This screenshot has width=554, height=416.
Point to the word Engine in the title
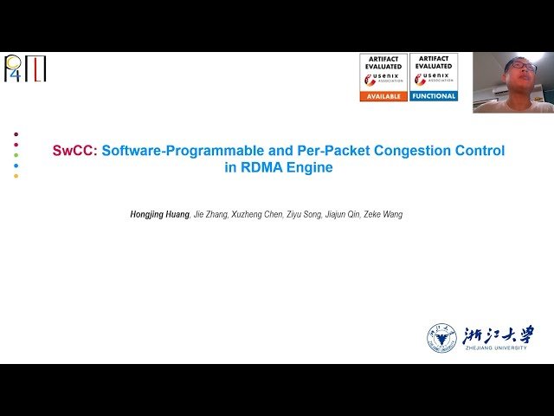[310, 168]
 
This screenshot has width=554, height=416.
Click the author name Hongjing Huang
[159, 214]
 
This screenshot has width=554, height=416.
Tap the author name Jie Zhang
[206, 214]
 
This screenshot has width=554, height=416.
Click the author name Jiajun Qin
[343, 214]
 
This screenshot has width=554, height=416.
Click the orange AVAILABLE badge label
[383, 96]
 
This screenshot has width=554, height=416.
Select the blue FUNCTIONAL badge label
[434, 96]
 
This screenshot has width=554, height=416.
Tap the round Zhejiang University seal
[441, 338]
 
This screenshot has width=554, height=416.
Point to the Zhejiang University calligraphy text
[498, 335]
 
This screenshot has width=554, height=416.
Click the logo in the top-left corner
[25, 68]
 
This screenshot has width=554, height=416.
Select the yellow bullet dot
[16, 176]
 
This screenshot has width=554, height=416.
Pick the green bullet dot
[16, 155]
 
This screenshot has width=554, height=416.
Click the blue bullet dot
[16, 166]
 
